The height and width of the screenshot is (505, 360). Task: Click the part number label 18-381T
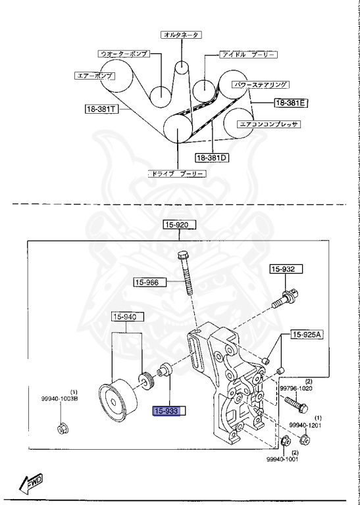(x=100, y=108)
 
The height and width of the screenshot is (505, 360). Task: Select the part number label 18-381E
(x=292, y=103)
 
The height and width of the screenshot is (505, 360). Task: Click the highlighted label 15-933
(x=170, y=412)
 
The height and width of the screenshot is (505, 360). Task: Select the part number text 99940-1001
(x=284, y=460)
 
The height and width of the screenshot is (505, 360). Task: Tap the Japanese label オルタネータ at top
(x=181, y=34)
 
